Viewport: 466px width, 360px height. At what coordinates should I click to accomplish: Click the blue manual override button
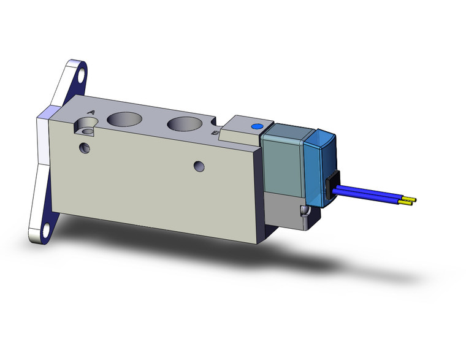tap(256, 127)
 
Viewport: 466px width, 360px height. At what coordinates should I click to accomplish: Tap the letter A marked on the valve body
tap(91, 112)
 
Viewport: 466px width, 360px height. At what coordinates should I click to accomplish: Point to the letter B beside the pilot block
tap(213, 132)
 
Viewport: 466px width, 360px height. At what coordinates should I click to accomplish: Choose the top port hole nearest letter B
tap(183, 125)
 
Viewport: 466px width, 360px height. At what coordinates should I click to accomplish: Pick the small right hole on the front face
tap(197, 166)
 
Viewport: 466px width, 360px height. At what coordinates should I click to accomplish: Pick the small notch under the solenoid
tap(304, 211)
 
